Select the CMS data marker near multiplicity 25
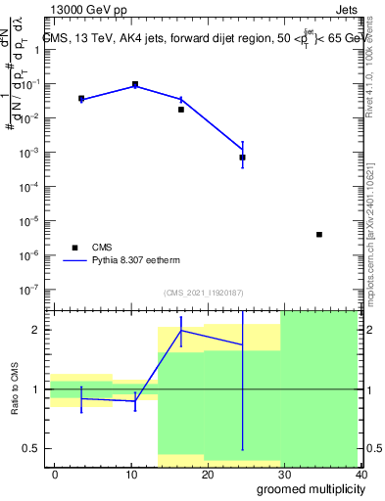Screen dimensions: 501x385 (242, 157)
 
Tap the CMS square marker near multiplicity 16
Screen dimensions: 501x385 (181, 110)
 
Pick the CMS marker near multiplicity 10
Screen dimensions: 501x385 (135, 85)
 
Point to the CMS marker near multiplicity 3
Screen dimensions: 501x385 (81, 99)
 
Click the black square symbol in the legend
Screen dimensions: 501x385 (72, 248)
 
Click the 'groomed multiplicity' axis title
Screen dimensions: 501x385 (307, 489)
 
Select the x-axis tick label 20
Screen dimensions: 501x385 (208, 474)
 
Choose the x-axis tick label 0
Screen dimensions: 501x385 (55, 474)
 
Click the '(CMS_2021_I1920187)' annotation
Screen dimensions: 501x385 (203, 293)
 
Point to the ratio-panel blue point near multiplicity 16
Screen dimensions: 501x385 (181, 330)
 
